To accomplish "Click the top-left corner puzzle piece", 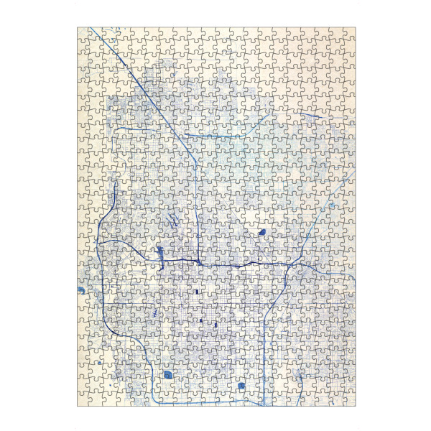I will click(83, 34).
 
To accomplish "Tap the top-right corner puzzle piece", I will click(349, 34).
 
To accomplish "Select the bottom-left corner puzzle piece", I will click(83, 400).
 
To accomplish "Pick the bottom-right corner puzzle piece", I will click(349, 400).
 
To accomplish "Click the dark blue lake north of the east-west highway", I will click(262, 233).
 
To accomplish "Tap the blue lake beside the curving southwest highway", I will click(168, 374).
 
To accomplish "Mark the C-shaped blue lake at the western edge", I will click(80, 289).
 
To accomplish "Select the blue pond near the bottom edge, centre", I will click(242, 386).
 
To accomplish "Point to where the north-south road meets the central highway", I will click(198, 261).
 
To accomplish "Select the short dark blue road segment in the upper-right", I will click(310, 115).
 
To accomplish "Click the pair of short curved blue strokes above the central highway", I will click(172, 219).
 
